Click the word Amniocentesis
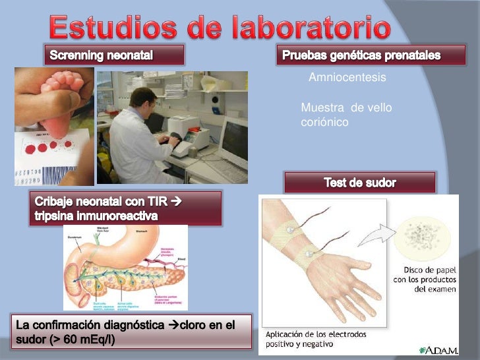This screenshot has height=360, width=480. (347, 78)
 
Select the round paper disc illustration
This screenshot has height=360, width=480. (423, 238)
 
